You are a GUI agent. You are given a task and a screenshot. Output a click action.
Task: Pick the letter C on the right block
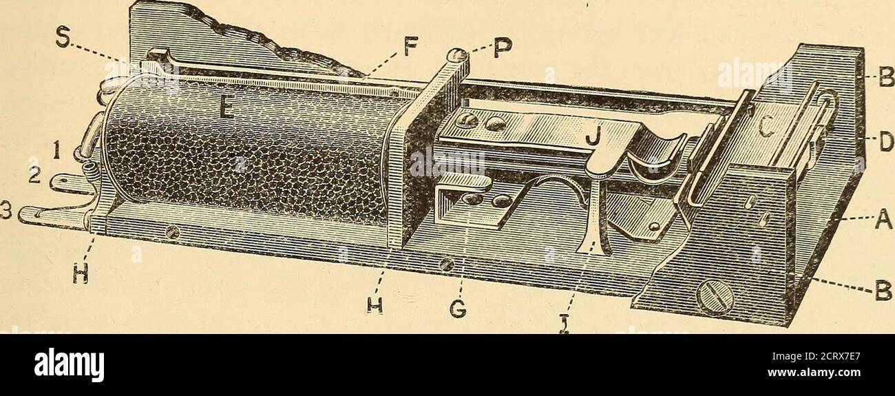coord(766,130)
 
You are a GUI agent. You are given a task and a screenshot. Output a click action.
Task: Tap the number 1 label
coord(56,152)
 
